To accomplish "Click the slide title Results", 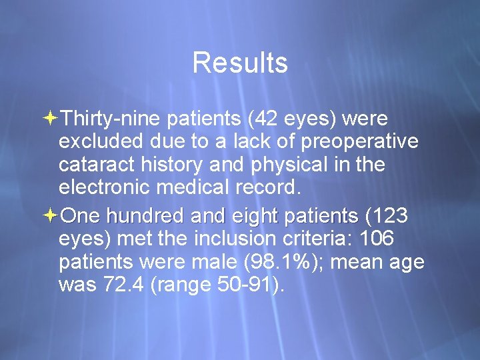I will pos(240,63).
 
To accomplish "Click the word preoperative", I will pos(359,142).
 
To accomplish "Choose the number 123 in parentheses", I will pos(390,216).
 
